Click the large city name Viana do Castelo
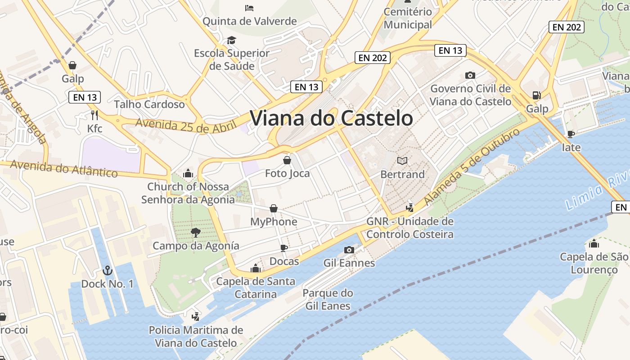pyautogui.click(x=331, y=118)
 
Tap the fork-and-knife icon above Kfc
pyautogui.click(x=94, y=115)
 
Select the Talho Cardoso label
pyautogui.click(x=149, y=104)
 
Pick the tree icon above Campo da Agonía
pyautogui.click(x=195, y=232)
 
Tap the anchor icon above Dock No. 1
pyautogui.click(x=107, y=270)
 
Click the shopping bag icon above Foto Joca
pyautogui.click(x=287, y=160)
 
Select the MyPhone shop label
pyautogui.click(x=274, y=222)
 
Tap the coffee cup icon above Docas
pyautogui.click(x=283, y=247)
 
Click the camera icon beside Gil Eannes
pyautogui.click(x=349, y=250)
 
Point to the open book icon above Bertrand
pyautogui.click(x=402, y=161)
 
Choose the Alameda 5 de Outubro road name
pyautogui.click(x=472, y=166)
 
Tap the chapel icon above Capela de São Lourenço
pyautogui.click(x=594, y=243)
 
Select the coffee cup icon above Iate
pyautogui.click(x=571, y=134)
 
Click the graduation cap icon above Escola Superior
pyautogui.click(x=231, y=40)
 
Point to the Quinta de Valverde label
pyautogui.click(x=250, y=21)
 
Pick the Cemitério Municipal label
pyautogui.click(x=408, y=18)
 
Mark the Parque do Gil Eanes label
pyautogui.click(x=328, y=300)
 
